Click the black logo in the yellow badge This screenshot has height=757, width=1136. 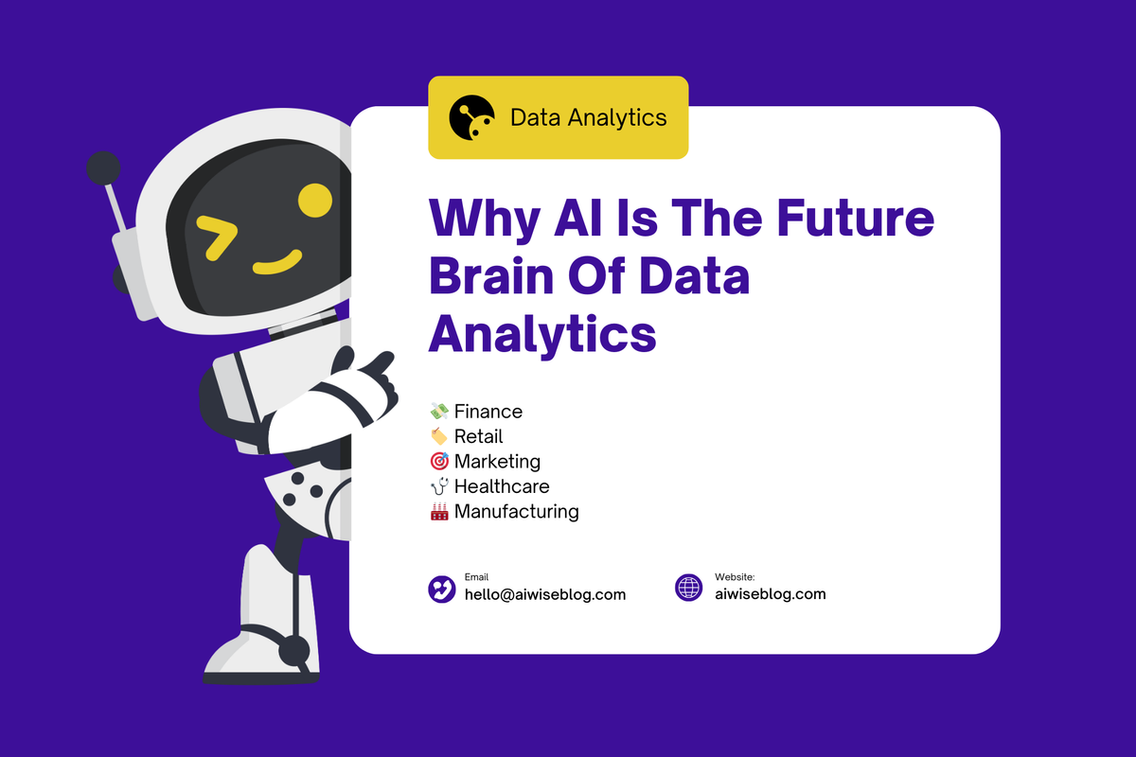[x=471, y=118]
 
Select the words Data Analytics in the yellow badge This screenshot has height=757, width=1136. [x=588, y=118]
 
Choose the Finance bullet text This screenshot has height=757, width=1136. [x=488, y=412]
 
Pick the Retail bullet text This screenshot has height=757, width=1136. [x=478, y=436]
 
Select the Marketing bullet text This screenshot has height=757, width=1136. [x=497, y=462]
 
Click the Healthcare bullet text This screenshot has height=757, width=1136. [x=502, y=486]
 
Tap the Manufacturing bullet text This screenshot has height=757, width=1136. [x=516, y=512]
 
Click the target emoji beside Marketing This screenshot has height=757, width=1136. [x=439, y=462]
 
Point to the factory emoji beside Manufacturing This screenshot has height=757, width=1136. [x=439, y=512]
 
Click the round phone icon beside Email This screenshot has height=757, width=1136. [x=442, y=589]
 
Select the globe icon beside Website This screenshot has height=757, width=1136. [x=689, y=588]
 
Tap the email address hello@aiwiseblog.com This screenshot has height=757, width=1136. [x=544, y=595]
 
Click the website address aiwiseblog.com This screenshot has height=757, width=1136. [x=770, y=594]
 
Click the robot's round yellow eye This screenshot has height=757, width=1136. [x=314, y=199]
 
